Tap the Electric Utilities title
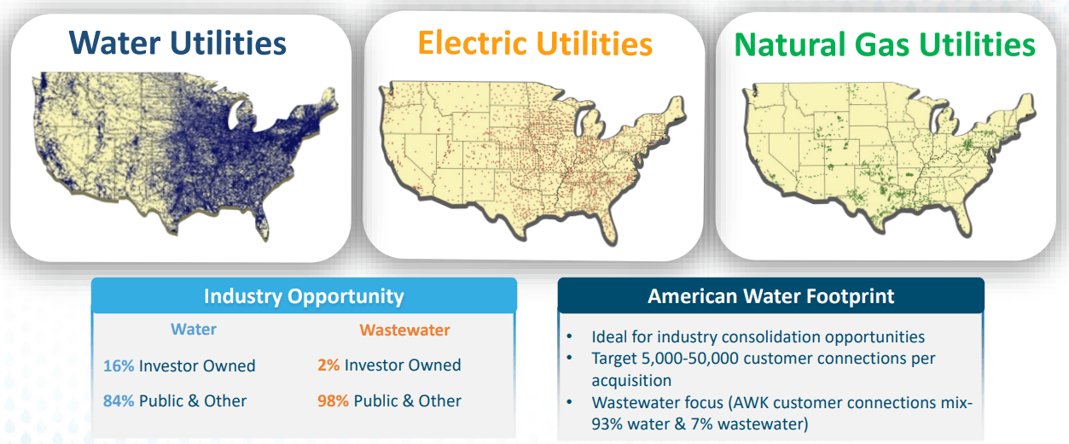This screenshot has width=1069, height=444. (x=536, y=44)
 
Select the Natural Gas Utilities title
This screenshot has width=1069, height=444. (x=885, y=44)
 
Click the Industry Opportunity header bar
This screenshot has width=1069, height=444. (x=304, y=296)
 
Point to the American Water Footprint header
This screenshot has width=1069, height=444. (x=770, y=296)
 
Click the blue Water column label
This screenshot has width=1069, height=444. (x=194, y=330)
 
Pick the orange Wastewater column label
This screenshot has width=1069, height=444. (x=404, y=330)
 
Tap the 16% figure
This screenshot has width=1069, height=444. (x=119, y=365)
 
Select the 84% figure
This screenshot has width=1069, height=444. (x=119, y=400)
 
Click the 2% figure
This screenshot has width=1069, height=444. (x=328, y=365)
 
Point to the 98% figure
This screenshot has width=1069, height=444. (x=333, y=400)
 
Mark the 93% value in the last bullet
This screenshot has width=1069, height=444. (x=609, y=424)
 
